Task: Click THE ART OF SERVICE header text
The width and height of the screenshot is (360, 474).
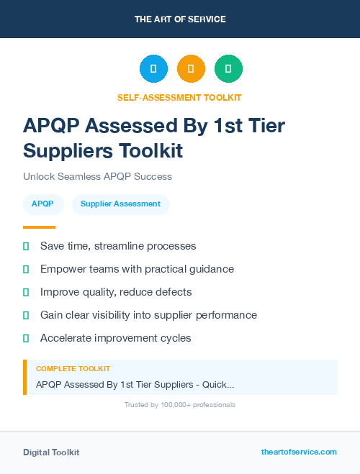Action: pos(180,19)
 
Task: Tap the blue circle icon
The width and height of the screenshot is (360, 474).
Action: pos(153,68)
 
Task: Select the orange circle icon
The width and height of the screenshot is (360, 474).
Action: pos(191,68)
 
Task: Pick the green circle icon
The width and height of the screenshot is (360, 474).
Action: pos(228,68)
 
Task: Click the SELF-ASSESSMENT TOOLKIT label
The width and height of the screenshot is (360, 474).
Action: pos(179,97)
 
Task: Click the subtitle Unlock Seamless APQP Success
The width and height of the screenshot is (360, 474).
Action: pos(97,176)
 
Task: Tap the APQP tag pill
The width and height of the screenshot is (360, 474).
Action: pos(42,204)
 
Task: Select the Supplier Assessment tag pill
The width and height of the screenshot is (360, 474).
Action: pos(120,204)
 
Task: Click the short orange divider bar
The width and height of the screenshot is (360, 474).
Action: pos(39,227)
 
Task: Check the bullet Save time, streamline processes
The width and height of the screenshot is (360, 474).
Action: pos(118,246)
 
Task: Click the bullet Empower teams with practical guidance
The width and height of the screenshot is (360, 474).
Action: pos(137,269)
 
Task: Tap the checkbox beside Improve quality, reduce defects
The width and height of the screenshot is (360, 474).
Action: pos(26,292)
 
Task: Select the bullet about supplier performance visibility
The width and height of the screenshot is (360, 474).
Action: pos(148,315)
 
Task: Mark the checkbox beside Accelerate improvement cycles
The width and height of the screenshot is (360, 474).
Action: pos(26,338)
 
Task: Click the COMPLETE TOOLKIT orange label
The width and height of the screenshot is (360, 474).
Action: pos(73,369)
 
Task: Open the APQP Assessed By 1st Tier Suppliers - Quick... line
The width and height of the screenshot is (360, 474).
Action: pos(135,385)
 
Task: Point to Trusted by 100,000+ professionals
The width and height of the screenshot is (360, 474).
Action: pos(179,405)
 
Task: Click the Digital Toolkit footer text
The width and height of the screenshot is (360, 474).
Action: pos(51,452)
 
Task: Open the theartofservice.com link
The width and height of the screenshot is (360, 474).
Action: pos(299,452)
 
